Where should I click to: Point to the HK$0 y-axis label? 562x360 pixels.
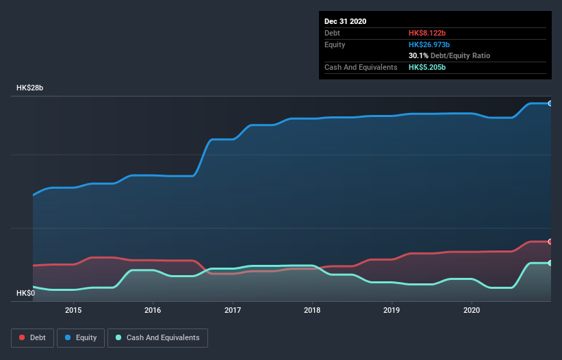(x=25, y=293)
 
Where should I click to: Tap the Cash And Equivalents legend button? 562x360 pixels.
(x=157, y=337)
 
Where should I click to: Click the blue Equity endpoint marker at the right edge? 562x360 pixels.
(x=550, y=103)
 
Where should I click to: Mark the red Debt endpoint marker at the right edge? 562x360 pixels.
(x=550, y=242)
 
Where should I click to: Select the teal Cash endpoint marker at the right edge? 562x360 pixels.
(x=550, y=263)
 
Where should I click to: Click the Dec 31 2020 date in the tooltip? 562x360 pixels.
(x=346, y=21)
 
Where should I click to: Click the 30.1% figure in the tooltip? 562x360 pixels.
(x=418, y=55)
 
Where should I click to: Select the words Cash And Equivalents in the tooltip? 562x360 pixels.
(x=361, y=67)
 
